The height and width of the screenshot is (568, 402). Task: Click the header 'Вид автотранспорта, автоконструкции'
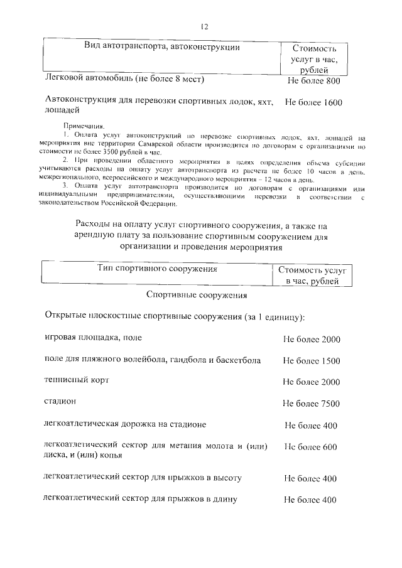point(162,46)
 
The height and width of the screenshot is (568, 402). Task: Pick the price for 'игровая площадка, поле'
point(311,340)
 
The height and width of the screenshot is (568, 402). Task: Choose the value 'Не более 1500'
point(311,361)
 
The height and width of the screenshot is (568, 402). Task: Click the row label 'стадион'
point(60,400)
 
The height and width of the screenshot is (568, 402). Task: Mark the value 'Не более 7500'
point(311,402)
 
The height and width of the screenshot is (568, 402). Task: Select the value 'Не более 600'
point(311,447)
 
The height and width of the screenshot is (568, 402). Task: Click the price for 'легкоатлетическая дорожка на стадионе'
point(311,426)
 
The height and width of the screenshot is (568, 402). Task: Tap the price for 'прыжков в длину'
point(311,500)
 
